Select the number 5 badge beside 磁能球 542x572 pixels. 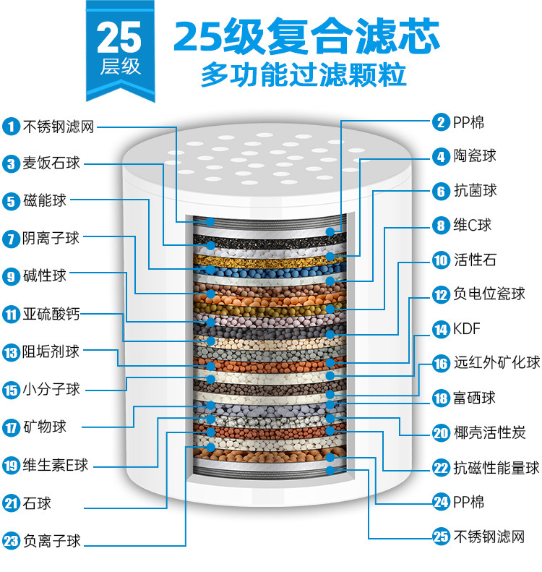pos(11,202)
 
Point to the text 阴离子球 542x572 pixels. pos(51,238)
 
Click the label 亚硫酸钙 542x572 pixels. pos(51,314)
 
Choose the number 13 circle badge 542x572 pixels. pos(11,352)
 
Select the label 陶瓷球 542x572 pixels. pos(475,156)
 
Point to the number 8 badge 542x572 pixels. pos(441,226)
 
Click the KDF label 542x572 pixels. pos(466,330)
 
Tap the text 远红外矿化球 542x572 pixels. pos(496,363)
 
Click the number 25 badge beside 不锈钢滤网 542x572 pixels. pos(441,537)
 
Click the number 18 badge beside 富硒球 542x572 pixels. pos(441,398)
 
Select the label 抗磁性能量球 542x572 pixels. pos(496,468)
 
